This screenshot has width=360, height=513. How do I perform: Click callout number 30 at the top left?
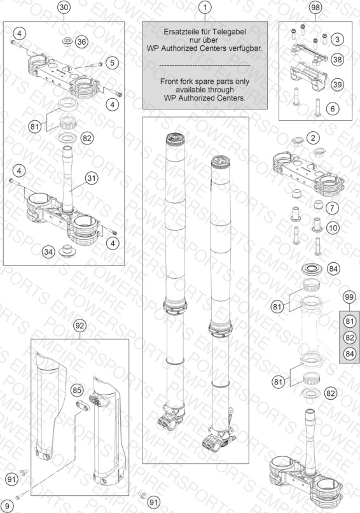pos(64,7)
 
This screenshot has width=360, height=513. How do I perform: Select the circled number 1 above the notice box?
pos(205,7)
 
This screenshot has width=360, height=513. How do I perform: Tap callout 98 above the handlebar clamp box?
pos(315,7)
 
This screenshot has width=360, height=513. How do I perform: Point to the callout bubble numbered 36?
pos(82,41)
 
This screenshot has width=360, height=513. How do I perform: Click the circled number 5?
pos(112,62)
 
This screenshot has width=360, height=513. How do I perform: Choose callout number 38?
pos(337,59)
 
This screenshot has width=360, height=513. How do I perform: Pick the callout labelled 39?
pos(337,85)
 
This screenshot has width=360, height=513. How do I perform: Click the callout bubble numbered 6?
pos(333,108)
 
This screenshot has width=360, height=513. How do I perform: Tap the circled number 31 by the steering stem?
pos(92,178)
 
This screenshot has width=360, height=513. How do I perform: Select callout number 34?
pos(48,251)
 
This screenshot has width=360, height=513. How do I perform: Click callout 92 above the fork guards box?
pos(80,325)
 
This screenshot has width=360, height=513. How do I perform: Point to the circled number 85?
pos(77,390)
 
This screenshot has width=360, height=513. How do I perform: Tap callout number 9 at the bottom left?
pos(8,507)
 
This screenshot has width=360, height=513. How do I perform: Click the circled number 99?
pos(350,297)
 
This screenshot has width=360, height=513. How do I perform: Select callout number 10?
pos(333,228)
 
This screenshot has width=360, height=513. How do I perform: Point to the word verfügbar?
pos(246,48)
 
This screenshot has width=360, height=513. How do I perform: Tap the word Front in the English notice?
pos(168,81)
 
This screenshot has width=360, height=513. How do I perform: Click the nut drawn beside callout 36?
pos(67,42)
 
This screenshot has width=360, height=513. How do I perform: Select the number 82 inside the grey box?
pos(350,337)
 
